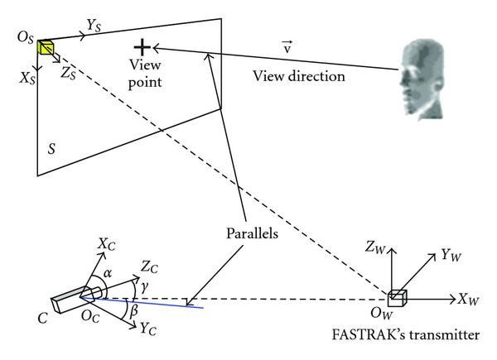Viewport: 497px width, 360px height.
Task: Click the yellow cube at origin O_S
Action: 45,46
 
